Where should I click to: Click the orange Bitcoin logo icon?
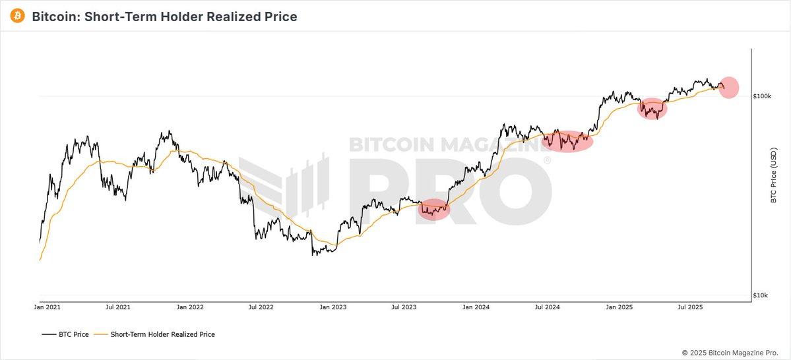[18, 16]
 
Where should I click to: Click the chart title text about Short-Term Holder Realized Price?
[164, 16]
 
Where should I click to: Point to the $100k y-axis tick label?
[763, 96]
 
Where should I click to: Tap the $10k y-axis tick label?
[761, 295]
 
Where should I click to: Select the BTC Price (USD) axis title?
[774, 175]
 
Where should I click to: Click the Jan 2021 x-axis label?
[47, 307]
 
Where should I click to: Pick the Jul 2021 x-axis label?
[118, 307]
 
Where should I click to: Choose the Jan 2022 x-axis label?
[191, 307]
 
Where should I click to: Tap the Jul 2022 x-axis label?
[261, 307]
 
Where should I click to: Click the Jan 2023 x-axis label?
[333, 307]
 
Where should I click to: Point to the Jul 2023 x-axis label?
[404, 307]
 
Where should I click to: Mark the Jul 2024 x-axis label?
[547, 307]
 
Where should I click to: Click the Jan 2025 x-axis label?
[619, 307]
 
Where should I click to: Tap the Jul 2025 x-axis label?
[690, 307]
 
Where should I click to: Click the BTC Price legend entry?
[65, 334]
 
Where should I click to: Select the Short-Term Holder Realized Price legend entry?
[155, 334]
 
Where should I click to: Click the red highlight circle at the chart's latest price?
[728, 87]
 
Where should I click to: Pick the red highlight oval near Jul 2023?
[434, 210]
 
